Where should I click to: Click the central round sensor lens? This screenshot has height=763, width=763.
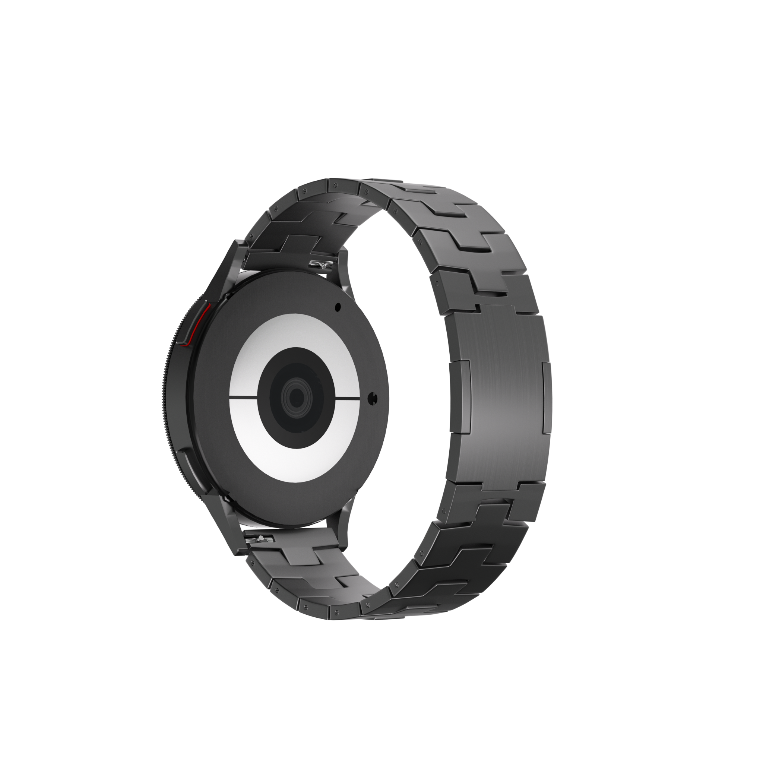click(x=294, y=396)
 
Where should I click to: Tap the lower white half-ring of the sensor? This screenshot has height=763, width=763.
click(x=294, y=458)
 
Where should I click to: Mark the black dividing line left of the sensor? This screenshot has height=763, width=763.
click(x=243, y=396)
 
